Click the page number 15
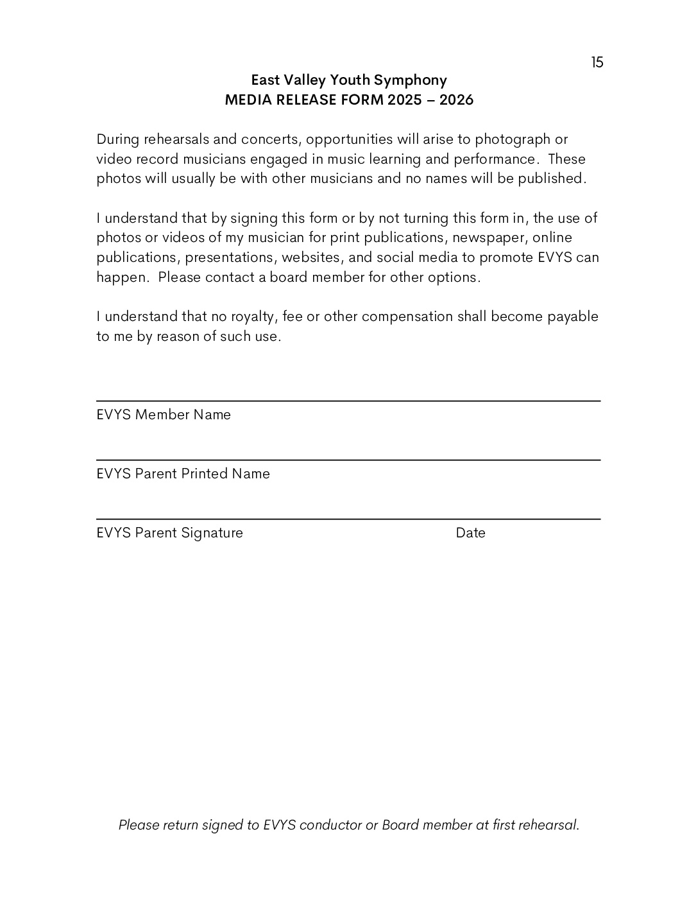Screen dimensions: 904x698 (597, 62)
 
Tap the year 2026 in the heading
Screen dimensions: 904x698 (456, 100)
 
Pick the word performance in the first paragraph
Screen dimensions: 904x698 (495, 159)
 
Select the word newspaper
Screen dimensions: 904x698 (488, 238)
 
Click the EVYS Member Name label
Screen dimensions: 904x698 (164, 415)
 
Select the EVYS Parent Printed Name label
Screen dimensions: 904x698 (183, 474)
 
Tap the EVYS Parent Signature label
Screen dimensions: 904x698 (169, 533)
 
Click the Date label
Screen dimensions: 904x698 (470, 533)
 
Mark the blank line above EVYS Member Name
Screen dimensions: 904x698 (348, 401)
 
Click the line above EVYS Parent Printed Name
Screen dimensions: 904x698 (348, 460)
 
